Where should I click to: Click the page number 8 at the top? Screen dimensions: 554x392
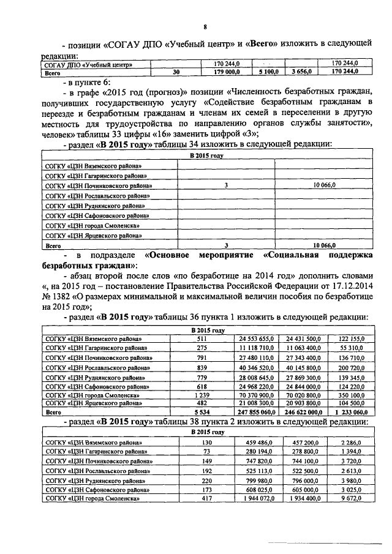click(x=205, y=26)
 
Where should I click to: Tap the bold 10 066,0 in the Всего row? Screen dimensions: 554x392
click(x=323, y=244)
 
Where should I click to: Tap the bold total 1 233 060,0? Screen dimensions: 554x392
click(x=349, y=413)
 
